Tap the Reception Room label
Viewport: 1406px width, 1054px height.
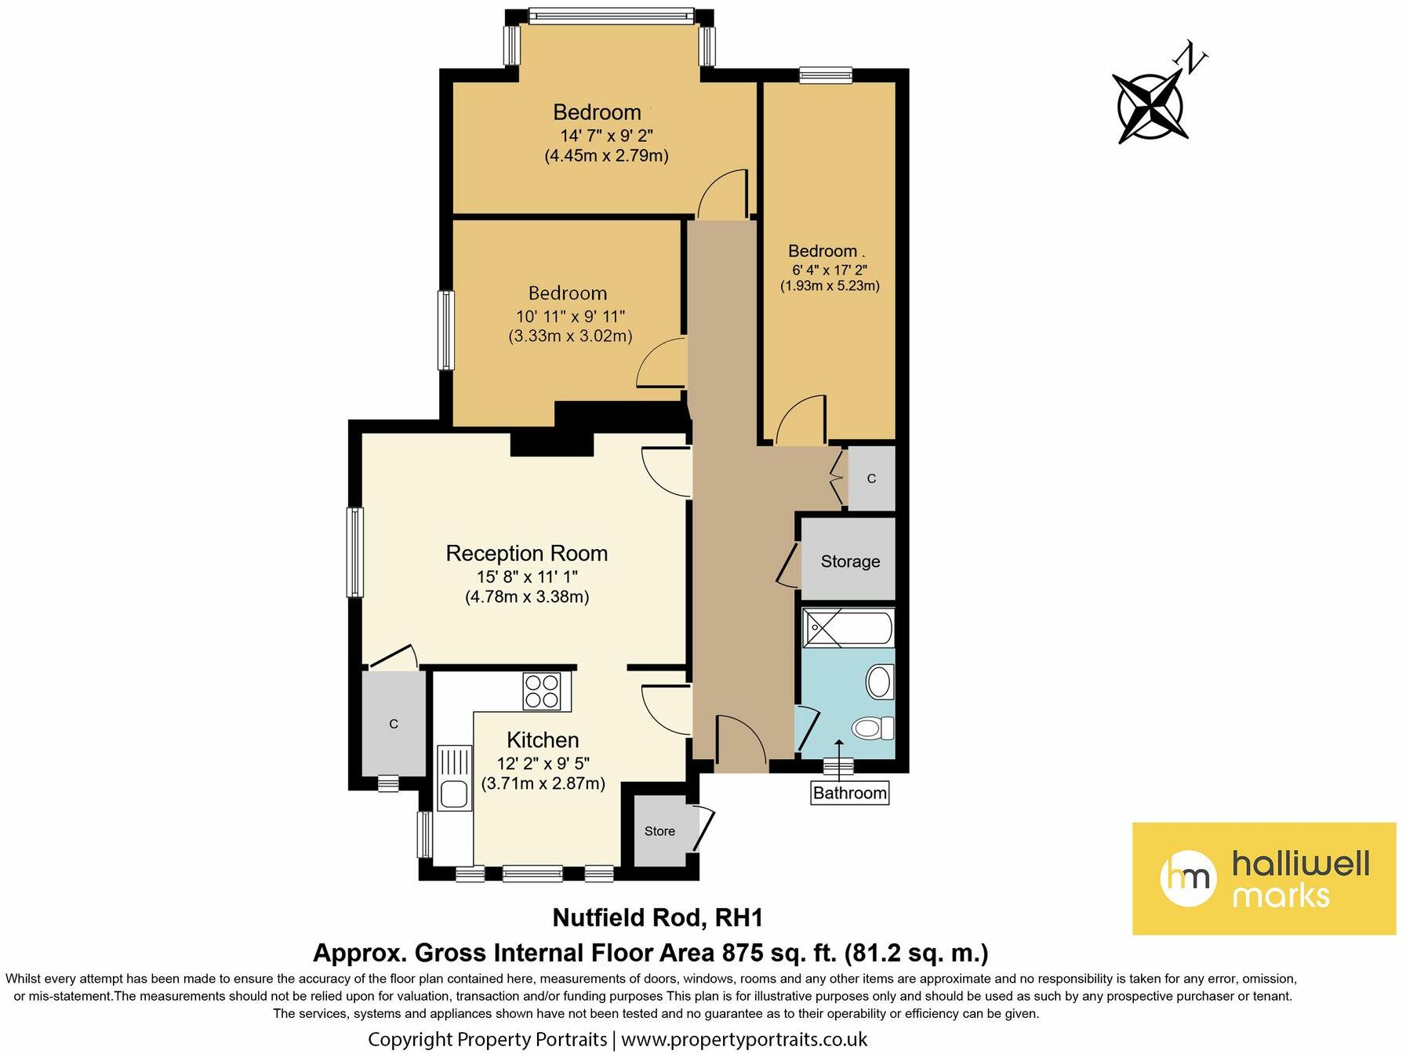click(526, 553)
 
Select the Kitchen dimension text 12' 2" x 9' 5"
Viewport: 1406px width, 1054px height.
click(543, 763)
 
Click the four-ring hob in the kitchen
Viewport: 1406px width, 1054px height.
click(542, 691)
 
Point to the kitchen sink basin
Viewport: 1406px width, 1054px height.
click(454, 794)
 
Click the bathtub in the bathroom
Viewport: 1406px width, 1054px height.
click(847, 628)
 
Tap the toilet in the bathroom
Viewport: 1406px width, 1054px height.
click(872, 728)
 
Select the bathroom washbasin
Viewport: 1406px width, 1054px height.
click(880, 681)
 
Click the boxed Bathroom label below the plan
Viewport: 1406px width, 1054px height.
click(849, 793)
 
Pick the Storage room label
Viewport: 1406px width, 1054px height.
click(850, 562)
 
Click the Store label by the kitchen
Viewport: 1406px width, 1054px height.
click(659, 831)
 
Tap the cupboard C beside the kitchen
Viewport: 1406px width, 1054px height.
click(394, 724)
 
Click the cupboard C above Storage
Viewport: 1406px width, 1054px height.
click(871, 478)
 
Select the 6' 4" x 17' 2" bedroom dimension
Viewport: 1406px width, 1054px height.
click(829, 269)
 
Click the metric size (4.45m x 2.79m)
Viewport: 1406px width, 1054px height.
click(606, 155)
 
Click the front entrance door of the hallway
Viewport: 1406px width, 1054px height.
click(740, 741)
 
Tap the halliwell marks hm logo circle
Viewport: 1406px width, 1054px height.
click(1188, 878)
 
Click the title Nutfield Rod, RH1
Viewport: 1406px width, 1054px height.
click(657, 918)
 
